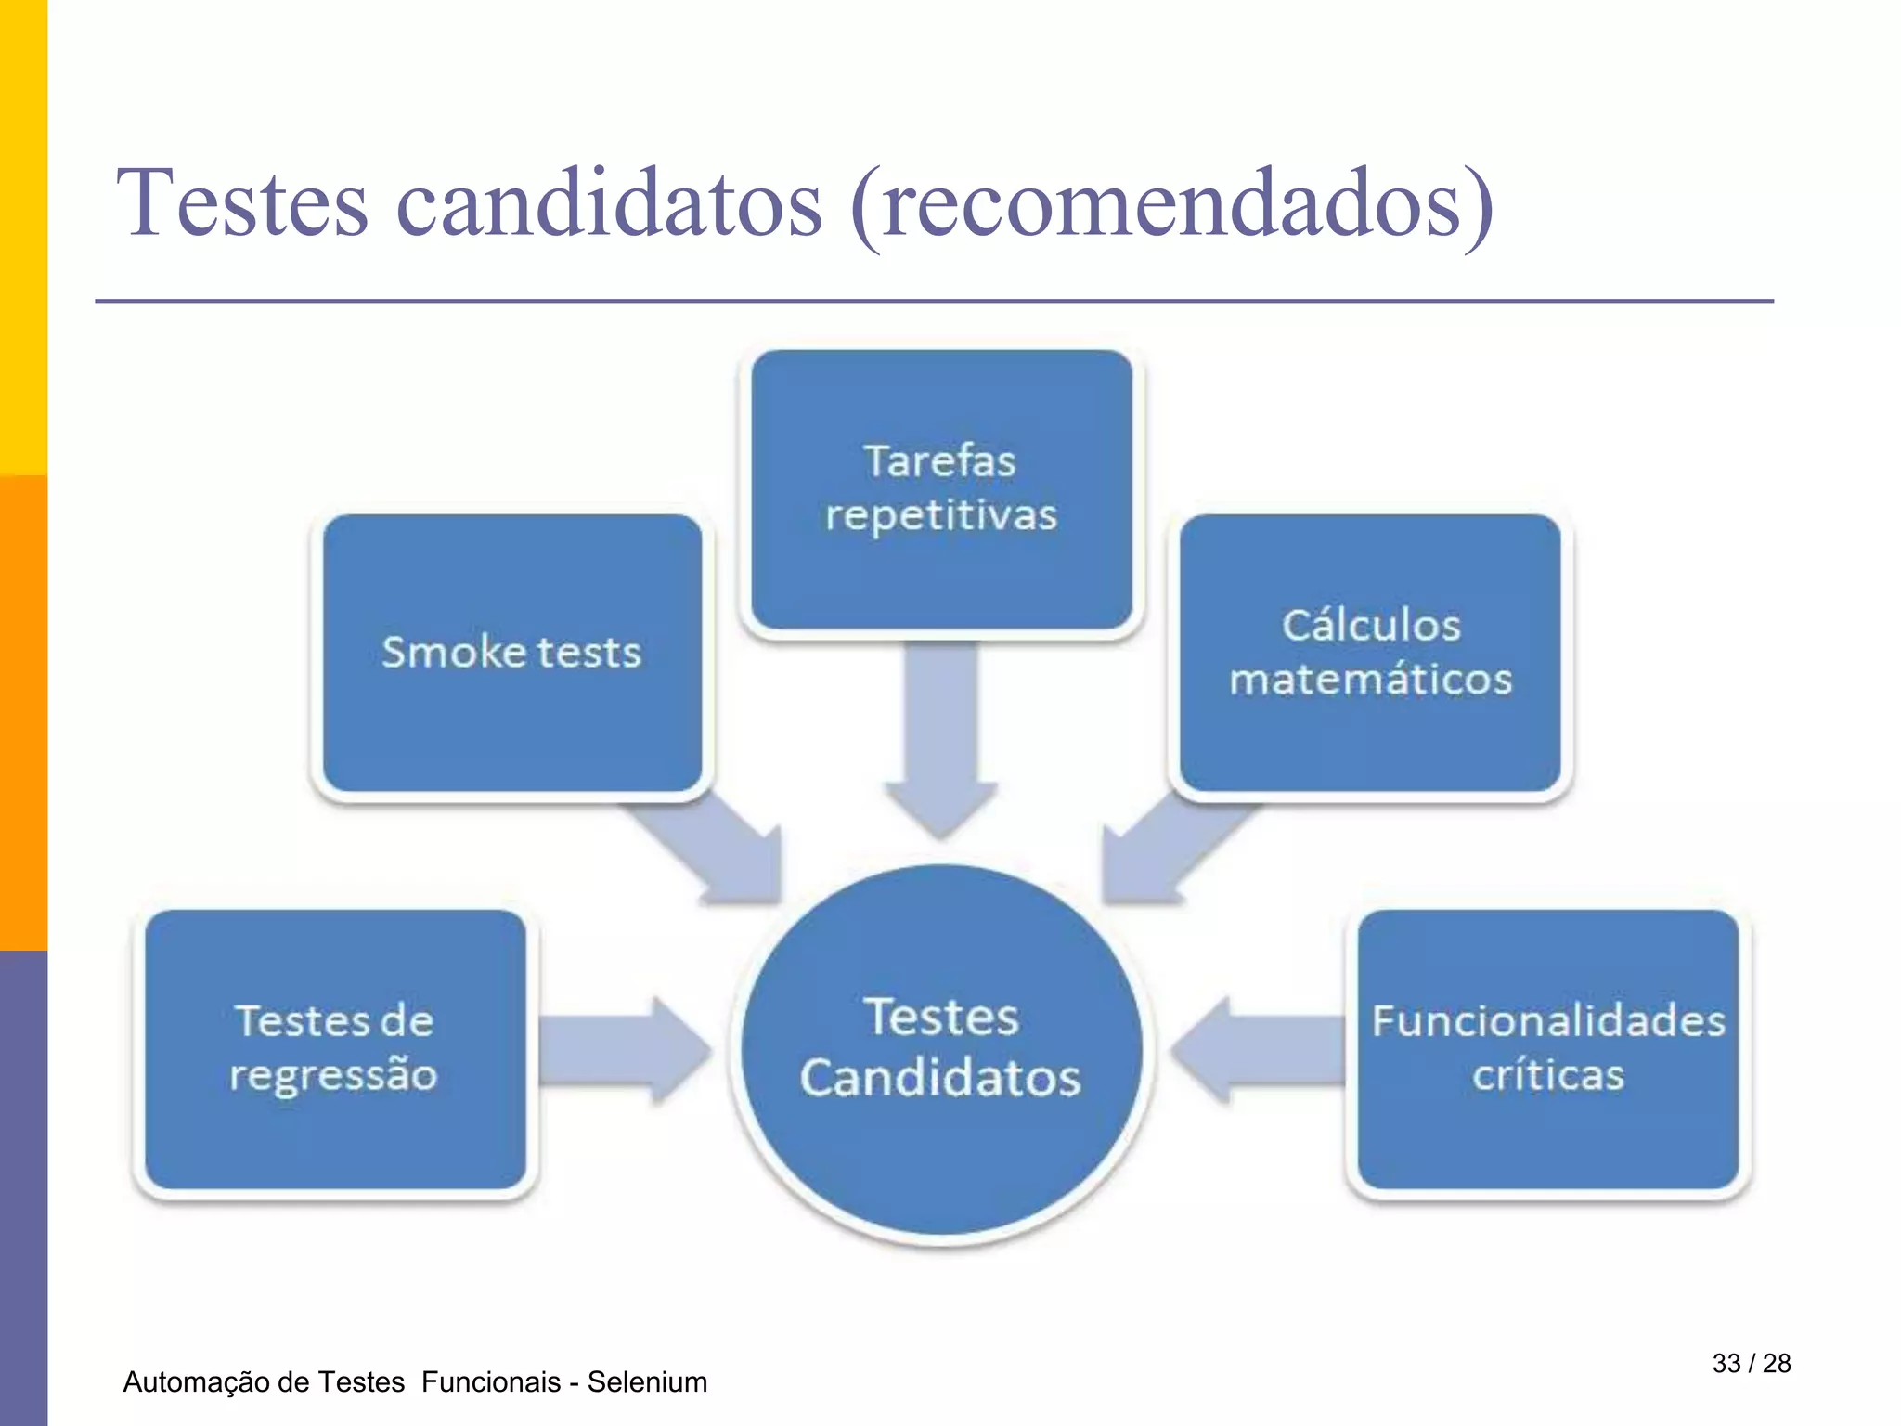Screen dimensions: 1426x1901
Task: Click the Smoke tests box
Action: click(x=511, y=653)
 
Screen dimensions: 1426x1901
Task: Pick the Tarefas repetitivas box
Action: click(x=941, y=489)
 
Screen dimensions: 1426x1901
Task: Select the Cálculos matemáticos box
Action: click(x=1370, y=653)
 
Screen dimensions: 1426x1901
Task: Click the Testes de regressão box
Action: click(x=334, y=1049)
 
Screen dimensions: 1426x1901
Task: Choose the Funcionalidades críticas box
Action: click(x=1547, y=1049)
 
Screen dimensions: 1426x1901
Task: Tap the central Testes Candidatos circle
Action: click(x=941, y=1049)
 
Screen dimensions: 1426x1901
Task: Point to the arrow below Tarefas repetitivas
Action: click(x=941, y=733)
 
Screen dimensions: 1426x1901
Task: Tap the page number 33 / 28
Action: click(x=1751, y=1363)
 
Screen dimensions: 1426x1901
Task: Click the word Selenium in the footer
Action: click(x=647, y=1382)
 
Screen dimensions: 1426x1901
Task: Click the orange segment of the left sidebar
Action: click(x=23, y=713)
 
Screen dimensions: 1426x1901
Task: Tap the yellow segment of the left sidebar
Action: click(x=23, y=238)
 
